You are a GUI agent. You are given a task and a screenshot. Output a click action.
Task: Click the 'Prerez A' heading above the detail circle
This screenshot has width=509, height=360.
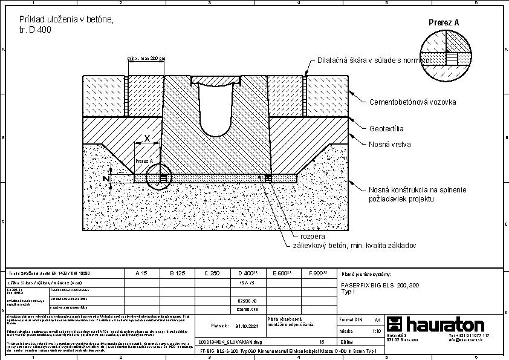pyautogui.click(x=444, y=22)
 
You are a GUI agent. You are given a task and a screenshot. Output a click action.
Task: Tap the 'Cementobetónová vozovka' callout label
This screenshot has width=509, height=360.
pyautogui.click(x=412, y=102)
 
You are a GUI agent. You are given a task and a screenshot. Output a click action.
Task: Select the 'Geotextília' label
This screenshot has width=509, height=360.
pyautogui.click(x=386, y=129)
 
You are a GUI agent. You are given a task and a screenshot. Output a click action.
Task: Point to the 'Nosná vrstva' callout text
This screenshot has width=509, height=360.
pyautogui.click(x=390, y=145)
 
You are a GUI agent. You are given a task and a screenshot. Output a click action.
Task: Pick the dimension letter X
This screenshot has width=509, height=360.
pyautogui.click(x=148, y=138)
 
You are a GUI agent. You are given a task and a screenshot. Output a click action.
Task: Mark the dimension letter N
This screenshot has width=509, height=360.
pyautogui.click(x=105, y=179)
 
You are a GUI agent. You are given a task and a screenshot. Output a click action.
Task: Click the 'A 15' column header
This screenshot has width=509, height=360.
pyautogui.click(x=141, y=273)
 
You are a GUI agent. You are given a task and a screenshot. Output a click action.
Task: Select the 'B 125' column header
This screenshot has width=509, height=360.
pyautogui.click(x=176, y=273)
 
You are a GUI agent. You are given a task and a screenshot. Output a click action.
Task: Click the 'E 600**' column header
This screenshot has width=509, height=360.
pyautogui.click(x=282, y=273)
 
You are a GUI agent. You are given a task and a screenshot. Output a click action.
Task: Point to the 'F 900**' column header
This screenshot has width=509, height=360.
pyautogui.click(x=317, y=273)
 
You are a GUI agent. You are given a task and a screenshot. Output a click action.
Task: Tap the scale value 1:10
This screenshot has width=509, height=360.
pyautogui.click(x=376, y=332)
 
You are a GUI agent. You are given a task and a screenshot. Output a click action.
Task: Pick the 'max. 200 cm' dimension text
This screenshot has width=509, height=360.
pyautogui.click(x=145, y=59)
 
